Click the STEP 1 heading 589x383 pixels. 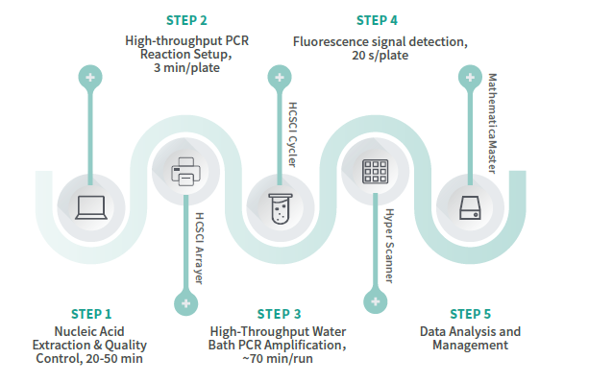(91, 313)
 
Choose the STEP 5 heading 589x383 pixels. (471, 313)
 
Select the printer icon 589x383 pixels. (184, 173)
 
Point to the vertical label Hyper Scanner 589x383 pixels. (388, 246)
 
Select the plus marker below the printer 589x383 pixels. (184, 303)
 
